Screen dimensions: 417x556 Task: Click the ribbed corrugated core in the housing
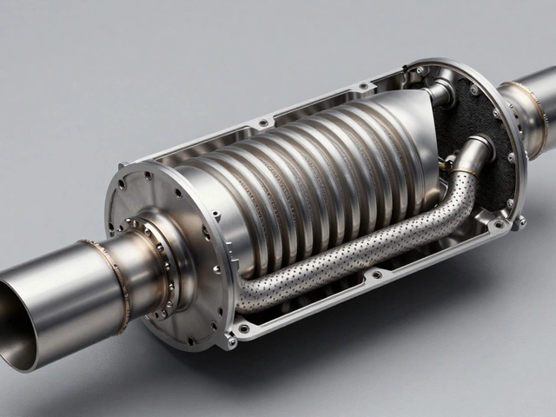point(295,182)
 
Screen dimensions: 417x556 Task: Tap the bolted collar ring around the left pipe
point(161,261)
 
